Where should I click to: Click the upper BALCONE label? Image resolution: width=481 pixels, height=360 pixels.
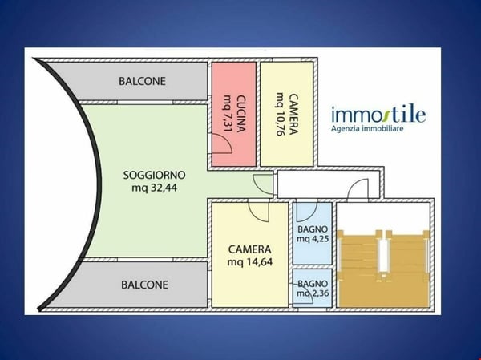(143, 81)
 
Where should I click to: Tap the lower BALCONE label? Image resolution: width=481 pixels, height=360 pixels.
(144, 285)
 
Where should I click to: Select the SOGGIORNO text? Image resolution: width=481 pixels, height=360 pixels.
(155, 175)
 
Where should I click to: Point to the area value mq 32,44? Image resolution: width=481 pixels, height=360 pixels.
(155, 188)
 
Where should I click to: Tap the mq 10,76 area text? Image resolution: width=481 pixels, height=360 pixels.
(280, 113)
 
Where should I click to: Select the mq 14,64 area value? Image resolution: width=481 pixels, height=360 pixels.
(250, 262)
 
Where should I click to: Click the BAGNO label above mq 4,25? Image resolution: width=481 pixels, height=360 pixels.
(313, 228)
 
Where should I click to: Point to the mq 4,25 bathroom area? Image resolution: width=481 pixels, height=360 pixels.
(313, 238)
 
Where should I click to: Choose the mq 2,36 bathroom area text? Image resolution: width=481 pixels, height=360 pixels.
(313, 293)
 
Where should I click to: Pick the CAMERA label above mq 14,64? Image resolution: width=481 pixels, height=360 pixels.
(249, 249)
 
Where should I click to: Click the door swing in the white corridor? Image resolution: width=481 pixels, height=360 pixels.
(358, 188)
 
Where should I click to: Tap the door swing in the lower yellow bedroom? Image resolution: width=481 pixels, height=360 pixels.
(258, 211)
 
